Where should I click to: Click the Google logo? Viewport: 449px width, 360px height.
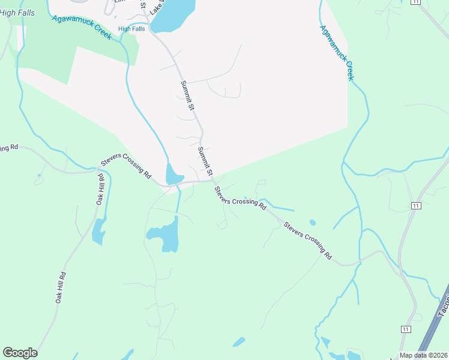coord(20,353)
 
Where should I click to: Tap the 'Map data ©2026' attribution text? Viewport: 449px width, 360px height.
coord(423,355)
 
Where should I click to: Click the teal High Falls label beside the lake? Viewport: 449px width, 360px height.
coord(133,28)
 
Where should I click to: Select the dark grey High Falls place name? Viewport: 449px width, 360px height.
coord(17,13)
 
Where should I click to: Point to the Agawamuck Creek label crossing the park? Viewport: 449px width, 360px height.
coord(82,27)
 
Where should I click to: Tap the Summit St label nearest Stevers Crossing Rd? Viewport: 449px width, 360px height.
coord(206,161)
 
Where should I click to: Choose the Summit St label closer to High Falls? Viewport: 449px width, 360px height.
coord(188,96)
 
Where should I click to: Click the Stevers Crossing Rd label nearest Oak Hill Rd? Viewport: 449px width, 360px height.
coord(126,165)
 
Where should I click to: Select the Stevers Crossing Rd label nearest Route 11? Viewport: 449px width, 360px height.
coord(308,241)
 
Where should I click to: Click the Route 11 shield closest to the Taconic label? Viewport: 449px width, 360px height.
coord(406,329)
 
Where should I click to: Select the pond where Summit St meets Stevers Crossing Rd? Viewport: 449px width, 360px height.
coord(173,175)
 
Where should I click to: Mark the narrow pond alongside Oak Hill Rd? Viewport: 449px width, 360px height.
coord(97,231)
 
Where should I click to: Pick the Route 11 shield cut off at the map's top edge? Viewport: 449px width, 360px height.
coord(414,2)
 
